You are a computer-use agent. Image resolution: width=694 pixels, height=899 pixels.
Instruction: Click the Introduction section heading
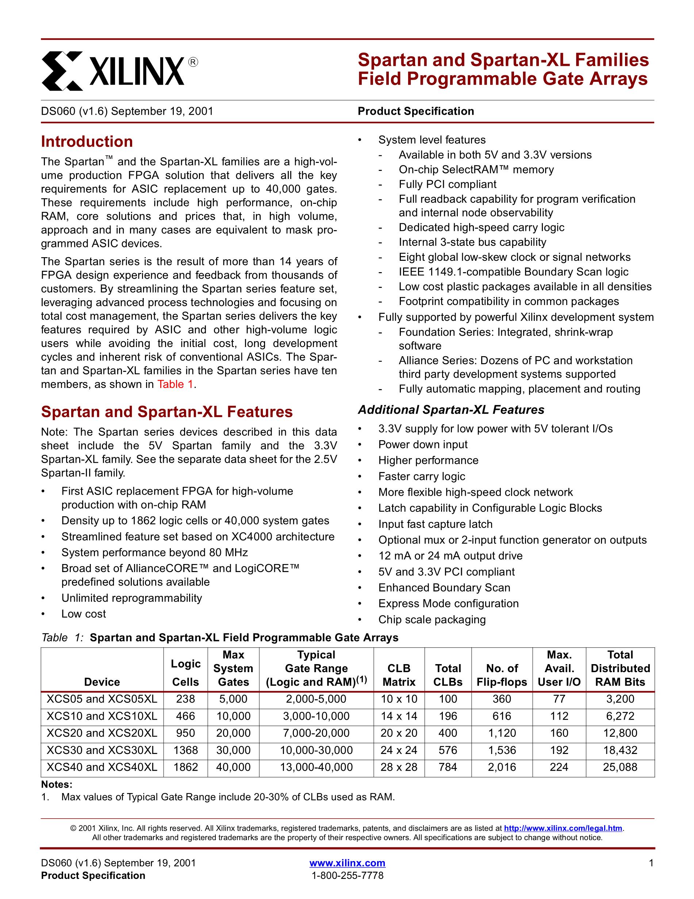[87, 142]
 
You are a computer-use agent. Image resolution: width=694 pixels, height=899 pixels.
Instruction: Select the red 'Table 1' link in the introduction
[175, 384]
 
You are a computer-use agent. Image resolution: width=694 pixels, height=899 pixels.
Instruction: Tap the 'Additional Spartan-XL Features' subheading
[451, 410]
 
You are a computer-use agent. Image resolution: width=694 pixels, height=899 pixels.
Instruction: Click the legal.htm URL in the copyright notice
[563, 828]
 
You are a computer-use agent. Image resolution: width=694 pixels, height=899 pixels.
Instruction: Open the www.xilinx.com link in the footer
[347, 863]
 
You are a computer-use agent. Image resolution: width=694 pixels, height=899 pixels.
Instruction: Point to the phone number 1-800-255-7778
[347, 875]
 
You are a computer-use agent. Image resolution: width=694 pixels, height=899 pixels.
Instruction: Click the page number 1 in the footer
[651, 863]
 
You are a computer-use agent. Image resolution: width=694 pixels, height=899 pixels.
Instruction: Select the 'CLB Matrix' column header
[399, 675]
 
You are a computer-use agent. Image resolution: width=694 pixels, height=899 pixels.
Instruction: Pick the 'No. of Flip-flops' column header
[502, 675]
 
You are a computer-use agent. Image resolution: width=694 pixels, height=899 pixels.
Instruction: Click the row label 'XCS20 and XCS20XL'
[102, 733]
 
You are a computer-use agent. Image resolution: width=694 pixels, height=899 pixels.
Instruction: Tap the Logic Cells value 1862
[185, 767]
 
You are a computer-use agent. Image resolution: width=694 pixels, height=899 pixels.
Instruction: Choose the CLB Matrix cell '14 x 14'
[399, 716]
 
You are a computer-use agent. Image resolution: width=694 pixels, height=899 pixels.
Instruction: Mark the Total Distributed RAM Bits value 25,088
[620, 767]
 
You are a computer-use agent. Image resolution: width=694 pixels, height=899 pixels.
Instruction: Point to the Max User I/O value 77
[559, 699]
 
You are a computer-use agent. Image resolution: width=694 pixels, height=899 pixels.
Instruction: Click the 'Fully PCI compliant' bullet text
[448, 184]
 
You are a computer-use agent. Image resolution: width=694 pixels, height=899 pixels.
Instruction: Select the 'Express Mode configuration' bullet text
[448, 603]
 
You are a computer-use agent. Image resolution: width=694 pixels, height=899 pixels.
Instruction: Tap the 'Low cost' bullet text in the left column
[84, 614]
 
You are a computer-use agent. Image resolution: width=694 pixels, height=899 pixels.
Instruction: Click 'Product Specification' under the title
[415, 111]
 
